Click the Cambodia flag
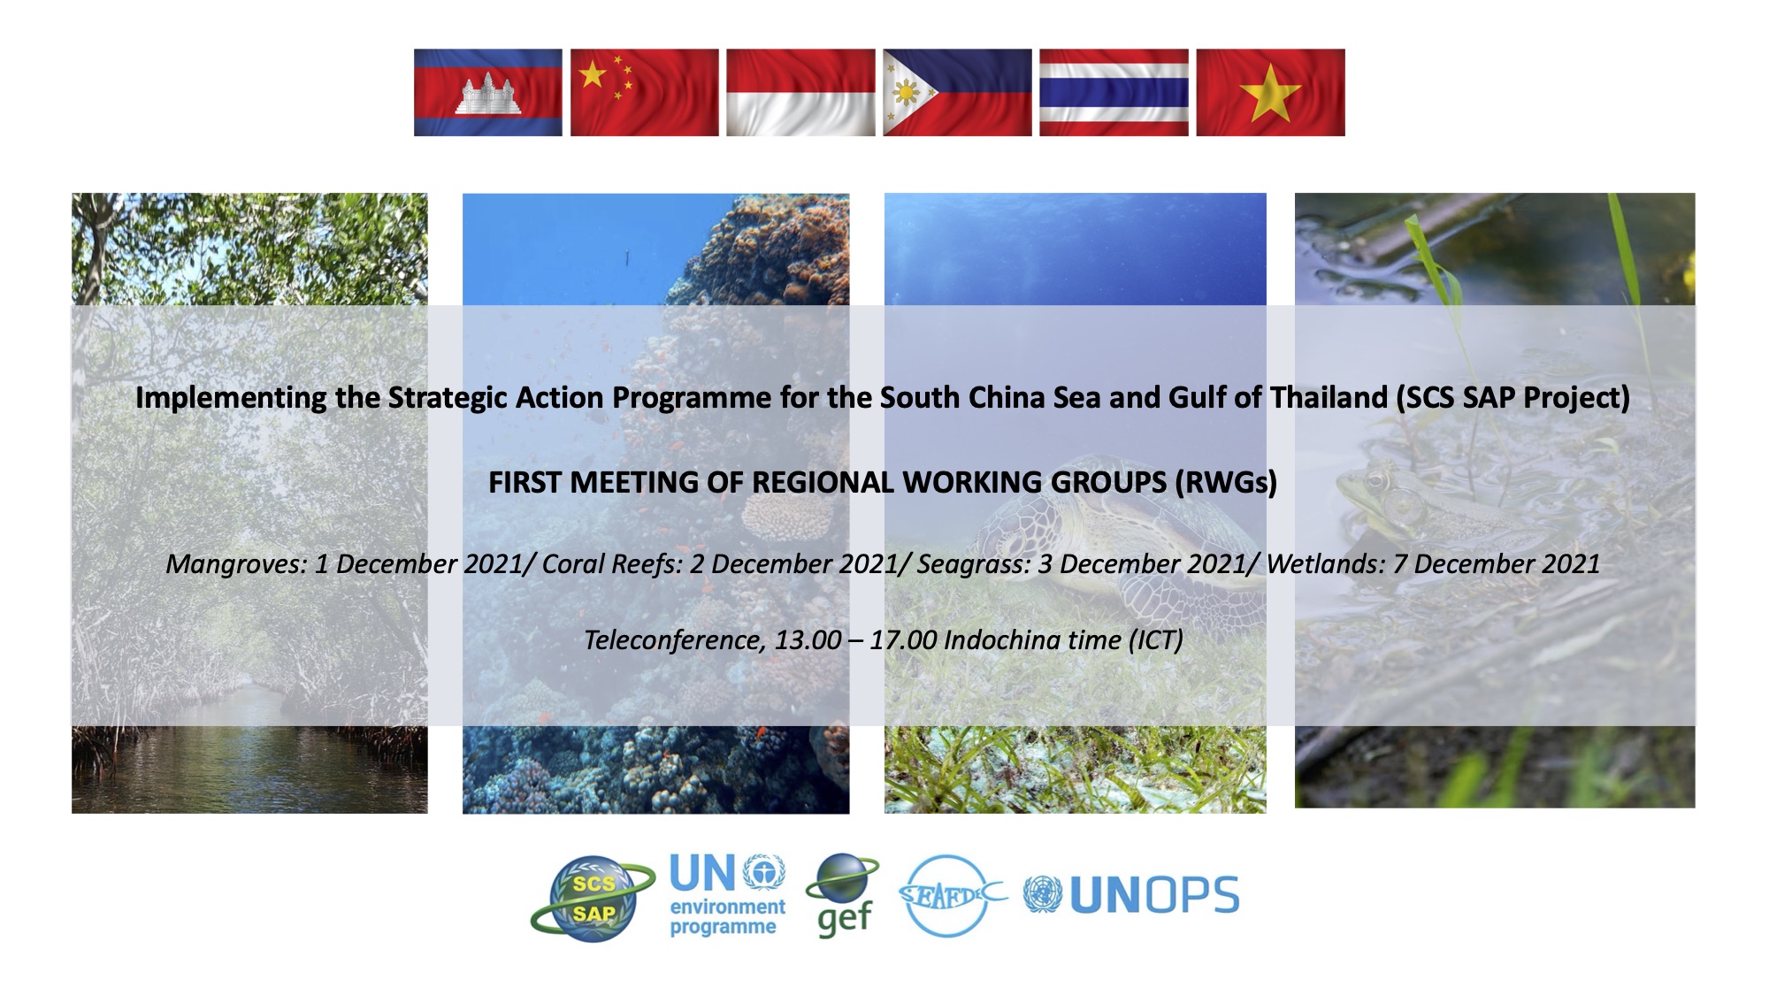click(x=488, y=92)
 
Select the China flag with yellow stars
click(x=645, y=92)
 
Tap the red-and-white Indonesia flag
click(x=800, y=92)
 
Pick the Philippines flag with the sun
click(x=957, y=92)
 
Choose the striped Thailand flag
click(x=1114, y=92)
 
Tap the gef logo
click(x=842, y=895)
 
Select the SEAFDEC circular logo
click(x=952, y=895)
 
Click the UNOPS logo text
click(x=1154, y=896)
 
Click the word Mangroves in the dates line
click(x=234, y=564)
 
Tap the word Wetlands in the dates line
click(x=1324, y=564)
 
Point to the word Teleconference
click(x=673, y=639)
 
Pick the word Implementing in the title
click(x=231, y=398)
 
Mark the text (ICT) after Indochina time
click(x=1155, y=639)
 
